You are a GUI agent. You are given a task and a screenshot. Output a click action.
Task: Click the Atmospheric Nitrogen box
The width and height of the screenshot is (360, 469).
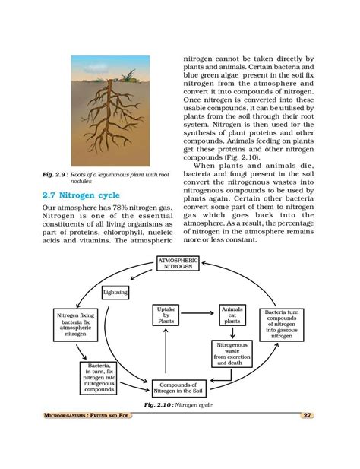coord(178,265)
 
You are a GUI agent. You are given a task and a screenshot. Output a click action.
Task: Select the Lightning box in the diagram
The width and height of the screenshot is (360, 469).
coord(115,292)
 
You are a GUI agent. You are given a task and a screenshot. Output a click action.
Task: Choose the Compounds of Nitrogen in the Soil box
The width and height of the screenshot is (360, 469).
coord(178,389)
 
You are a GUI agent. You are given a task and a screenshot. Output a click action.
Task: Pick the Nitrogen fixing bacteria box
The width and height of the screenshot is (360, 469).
coord(76,324)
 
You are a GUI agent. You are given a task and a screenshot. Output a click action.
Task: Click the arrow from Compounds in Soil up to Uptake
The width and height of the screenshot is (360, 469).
coord(166,353)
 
